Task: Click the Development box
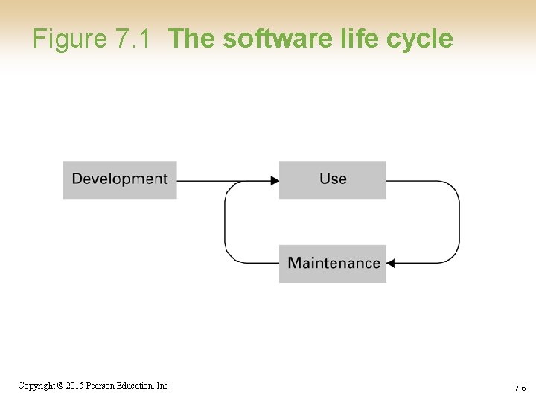pos(119,179)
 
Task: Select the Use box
pos(333,179)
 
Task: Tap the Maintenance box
pos(333,263)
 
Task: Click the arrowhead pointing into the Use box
pos(275,180)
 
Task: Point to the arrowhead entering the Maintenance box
pos(391,263)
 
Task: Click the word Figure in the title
pos(71,39)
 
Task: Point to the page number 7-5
pos(520,389)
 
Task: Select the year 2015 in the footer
pos(74,386)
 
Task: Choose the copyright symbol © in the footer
pos(60,386)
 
